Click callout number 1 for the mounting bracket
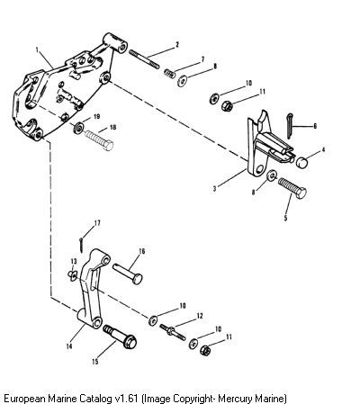[x=37, y=49]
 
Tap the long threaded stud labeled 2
[x=144, y=59]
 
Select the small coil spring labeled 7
[x=169, y=73]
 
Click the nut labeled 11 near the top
[x=227, y=105]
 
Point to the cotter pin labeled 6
[x=289, y=126]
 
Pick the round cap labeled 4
[x=301, y=162]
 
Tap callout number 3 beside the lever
[x=214, y=189]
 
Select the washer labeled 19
[x=79, y=128]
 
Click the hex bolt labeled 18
[x=99, y=139]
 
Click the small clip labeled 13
[x=73, y=274]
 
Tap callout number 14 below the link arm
[x=69, y=346]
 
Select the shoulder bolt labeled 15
[x=120, y=337]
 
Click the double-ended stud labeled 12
[x=173, y=332]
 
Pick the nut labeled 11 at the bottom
[x=205, y=350]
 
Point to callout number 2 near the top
[x=177, y=45]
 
